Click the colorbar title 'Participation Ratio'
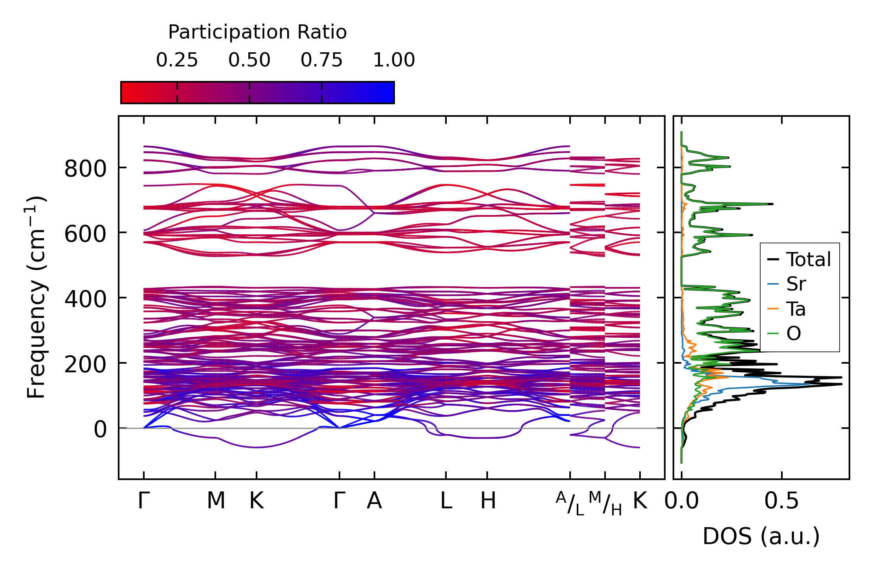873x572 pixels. tap(257, 32)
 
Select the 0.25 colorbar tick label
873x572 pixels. tap(177, 61)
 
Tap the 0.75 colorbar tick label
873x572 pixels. tap(321, 61)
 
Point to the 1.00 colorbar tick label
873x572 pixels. tap(394, 61)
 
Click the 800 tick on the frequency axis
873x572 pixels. tap(85, 169)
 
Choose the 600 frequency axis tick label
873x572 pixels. tap(85, 234)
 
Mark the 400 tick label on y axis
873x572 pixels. tap(85, 299)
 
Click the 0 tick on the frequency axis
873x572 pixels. tap(100, 429)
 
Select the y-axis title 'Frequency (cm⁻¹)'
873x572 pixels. tap(36, 297)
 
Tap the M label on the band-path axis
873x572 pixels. tap(216, 501)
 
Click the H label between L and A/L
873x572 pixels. tap(488, 501)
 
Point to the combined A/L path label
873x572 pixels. tap(570, 503)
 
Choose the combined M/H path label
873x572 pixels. tap(605, 503)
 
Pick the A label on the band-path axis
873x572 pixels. tap(374, 501)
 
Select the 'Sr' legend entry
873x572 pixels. tap(796, 284)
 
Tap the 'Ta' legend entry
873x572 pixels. tap(796, 309)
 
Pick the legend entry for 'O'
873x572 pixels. tap(794, 333)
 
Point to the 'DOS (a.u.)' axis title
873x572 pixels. tap(761, 536)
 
